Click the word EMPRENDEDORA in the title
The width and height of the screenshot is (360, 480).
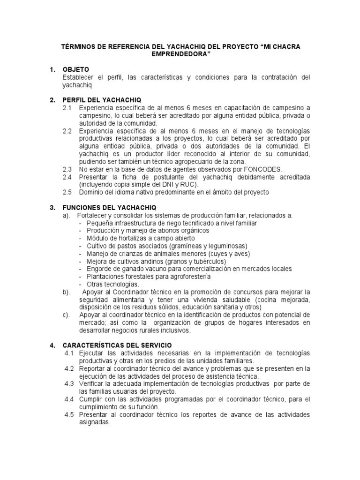[180, 55]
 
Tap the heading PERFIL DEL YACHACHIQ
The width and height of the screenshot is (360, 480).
[101, 100]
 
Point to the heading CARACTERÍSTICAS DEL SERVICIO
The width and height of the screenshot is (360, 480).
[116, 345]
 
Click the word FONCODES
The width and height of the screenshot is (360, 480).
[261, 169]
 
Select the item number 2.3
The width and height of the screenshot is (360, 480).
[67, 169]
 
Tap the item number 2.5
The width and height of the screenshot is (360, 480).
[67, 192]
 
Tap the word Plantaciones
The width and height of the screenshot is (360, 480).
[106, 277]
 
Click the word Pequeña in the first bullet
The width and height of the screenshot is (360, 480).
[100, 223]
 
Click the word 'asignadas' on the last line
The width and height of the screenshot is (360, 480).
[94, 422]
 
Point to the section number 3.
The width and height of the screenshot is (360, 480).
[52, 207]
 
